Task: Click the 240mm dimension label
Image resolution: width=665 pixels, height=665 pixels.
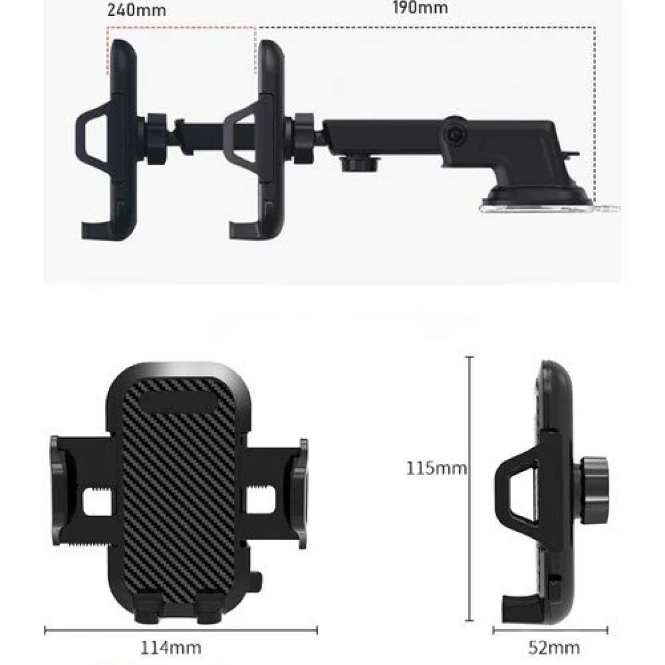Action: (136, 10)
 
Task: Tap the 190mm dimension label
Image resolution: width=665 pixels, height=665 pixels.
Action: (420, 7)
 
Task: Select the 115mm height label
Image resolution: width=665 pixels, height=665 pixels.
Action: (437, 468)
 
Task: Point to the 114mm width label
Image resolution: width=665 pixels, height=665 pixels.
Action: (171, 648)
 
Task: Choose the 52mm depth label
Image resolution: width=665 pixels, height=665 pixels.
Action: (554, 648)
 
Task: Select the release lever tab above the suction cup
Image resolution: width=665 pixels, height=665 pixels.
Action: (571, 153)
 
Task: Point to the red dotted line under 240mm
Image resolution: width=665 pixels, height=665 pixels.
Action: (181, 28)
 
